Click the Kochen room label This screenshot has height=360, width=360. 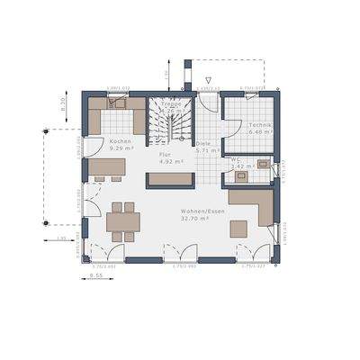121,141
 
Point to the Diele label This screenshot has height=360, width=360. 203,142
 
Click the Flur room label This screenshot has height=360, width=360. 165,154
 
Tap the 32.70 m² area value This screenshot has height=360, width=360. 195,217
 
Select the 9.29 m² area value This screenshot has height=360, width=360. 121,148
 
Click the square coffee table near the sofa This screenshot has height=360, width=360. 238,229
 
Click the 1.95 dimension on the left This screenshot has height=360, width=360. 61,238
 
